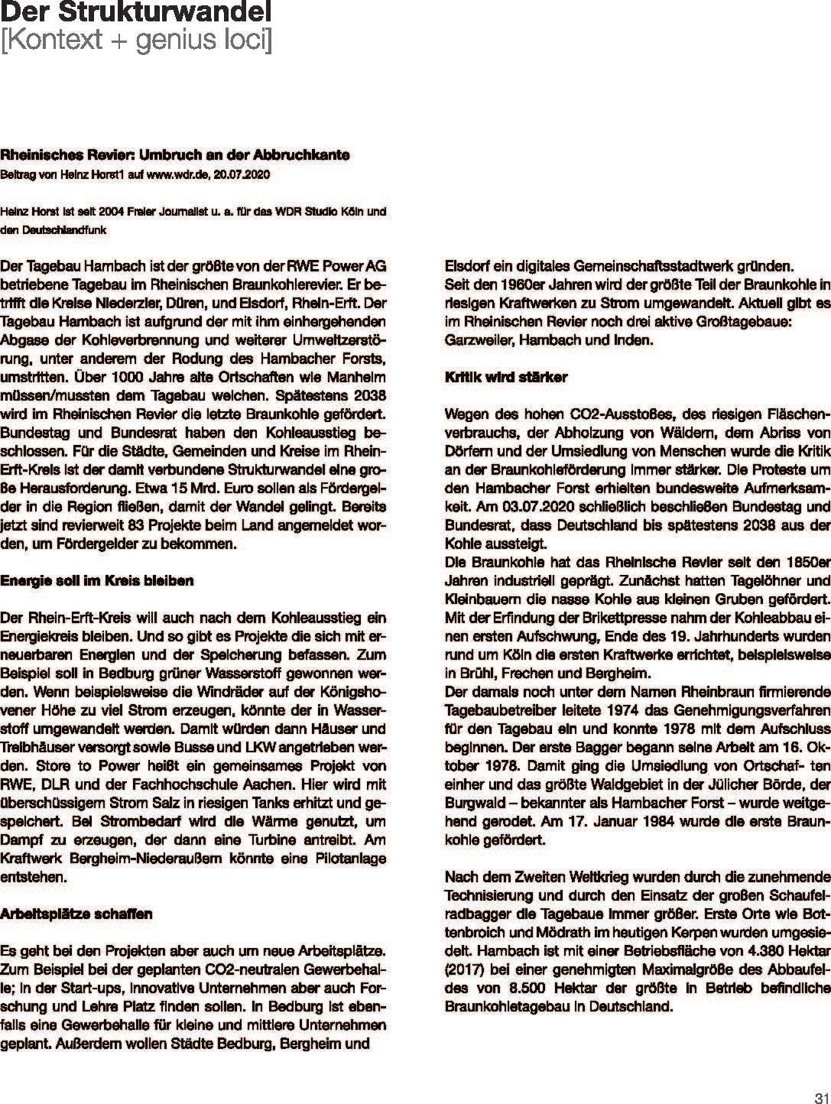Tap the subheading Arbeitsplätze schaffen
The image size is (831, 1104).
pyautogui.click(x=76, y=914)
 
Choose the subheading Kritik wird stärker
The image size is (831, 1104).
pyautogui.click(x=505, y=378)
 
